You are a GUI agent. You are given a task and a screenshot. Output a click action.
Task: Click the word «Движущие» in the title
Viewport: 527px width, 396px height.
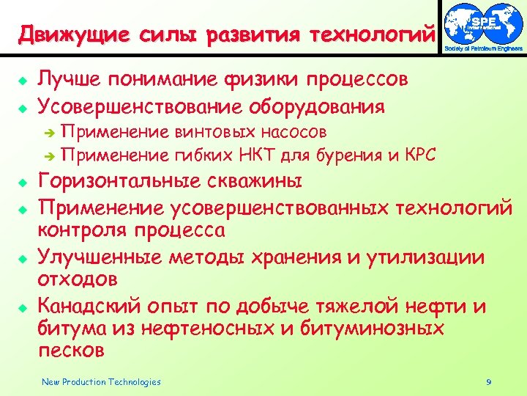[x=63, y=34]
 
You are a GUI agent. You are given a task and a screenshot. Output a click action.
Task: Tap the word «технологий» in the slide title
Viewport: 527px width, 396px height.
[x=373, y=34]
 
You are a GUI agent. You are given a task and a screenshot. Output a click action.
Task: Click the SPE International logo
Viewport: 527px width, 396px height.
[x=484, y=23]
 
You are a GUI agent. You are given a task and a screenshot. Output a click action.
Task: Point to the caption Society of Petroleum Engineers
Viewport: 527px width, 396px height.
[x=484, y=49]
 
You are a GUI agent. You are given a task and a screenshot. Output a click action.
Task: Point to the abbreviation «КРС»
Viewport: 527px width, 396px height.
[x=419, y=155]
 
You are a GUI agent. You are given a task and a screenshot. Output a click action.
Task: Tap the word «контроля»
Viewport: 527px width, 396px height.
[x=81, y=230]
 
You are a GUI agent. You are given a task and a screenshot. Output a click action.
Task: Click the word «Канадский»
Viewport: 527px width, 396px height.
[x=87, y=305]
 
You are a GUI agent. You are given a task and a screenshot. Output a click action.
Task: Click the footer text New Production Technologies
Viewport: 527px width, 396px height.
[x=101, y=381]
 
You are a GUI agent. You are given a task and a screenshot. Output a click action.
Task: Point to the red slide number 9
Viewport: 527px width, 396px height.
[x=488, y=382]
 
